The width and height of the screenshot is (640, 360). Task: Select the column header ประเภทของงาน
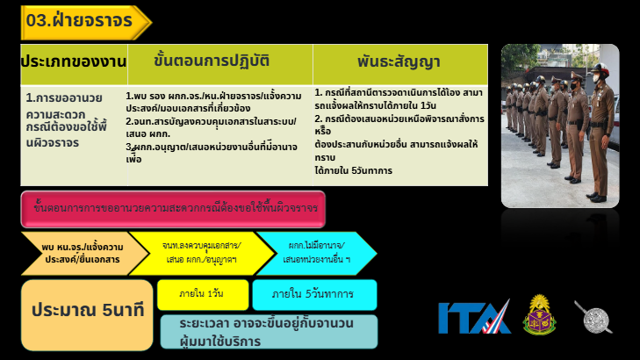[73, 62]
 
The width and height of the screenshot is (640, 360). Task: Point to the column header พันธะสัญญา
[399, 62]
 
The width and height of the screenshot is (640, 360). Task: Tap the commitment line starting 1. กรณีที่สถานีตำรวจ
[397, 97]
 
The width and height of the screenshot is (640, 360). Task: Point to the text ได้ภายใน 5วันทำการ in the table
[354, 170]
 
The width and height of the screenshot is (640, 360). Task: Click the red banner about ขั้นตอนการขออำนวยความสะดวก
[173, 209]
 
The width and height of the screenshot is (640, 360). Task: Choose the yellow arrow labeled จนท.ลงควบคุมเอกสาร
[201, 253]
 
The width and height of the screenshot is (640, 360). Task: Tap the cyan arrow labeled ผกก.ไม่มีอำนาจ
[315, 253]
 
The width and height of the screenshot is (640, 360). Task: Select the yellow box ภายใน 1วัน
[202, 294]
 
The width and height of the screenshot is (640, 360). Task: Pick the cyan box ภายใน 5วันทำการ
[314, 294]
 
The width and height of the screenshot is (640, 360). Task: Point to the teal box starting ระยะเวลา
[268, 332]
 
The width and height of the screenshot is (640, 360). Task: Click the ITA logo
[474, 317]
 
